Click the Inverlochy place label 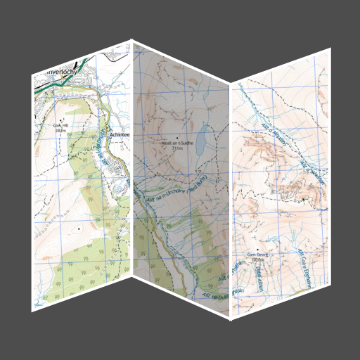[65, 71]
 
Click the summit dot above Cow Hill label [60, 120]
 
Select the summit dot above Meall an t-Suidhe [177, 137]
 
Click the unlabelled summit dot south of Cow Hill [79, 229]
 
